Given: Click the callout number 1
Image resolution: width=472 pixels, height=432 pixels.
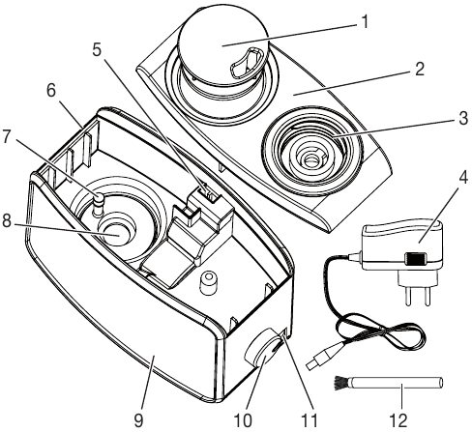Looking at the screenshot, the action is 365,22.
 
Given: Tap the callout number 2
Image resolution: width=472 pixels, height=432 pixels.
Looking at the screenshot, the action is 419,69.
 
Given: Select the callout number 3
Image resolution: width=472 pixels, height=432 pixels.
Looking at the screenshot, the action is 463,118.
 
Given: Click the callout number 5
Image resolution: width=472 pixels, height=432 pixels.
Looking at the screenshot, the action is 97,50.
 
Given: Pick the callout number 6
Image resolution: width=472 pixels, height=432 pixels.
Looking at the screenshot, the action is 51,91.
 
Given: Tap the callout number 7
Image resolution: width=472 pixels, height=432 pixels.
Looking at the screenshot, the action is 7,136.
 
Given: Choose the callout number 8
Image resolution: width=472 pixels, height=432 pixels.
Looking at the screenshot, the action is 7,221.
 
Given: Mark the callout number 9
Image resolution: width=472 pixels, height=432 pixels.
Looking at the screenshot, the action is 138,420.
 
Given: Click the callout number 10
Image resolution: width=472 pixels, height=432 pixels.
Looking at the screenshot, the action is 243,420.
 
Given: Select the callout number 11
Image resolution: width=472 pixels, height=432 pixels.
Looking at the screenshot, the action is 309,420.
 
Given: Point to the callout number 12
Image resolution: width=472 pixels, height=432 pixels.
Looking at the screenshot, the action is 398,420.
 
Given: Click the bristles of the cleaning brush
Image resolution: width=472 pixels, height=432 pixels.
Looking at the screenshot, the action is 341,384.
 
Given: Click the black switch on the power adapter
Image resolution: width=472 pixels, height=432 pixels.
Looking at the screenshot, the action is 415,259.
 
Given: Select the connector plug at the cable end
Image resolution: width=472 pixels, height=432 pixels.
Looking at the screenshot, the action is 318,359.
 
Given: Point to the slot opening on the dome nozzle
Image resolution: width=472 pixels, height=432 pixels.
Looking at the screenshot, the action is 247,63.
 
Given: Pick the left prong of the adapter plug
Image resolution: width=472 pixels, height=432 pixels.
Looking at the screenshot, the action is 408,296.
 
